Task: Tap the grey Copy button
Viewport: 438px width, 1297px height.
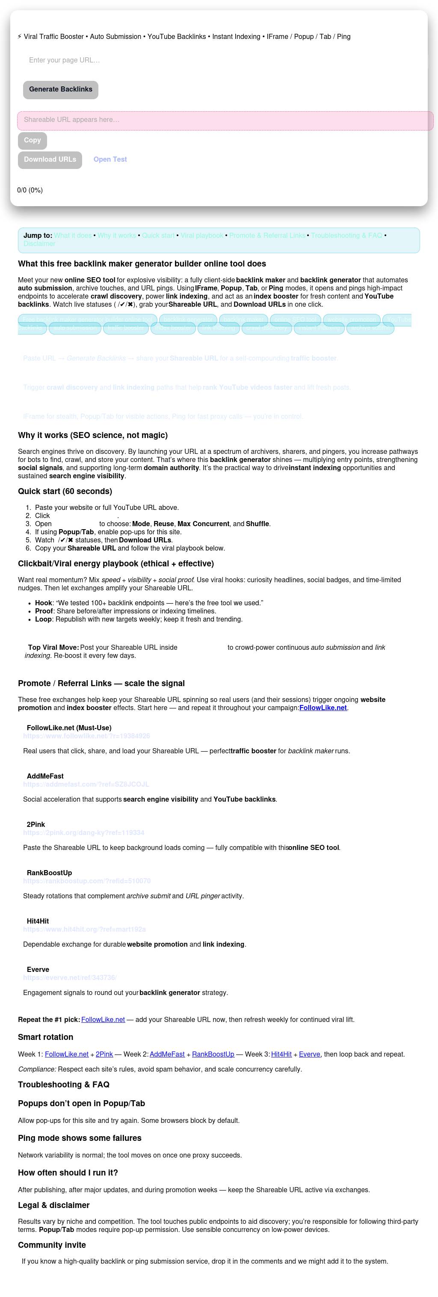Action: click(32, 140)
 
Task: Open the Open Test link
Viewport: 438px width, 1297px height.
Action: click(110, 160)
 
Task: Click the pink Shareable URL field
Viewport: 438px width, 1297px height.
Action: click(225, 120)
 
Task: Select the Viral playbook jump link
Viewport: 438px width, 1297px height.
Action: click(202, 236)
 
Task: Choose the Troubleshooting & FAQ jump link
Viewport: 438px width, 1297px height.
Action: click(346, 236)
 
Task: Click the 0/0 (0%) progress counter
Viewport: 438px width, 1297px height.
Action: click(30, 190)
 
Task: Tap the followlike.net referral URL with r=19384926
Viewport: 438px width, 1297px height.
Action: click(86, 736)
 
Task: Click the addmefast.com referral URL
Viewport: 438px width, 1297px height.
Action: click(86, 785)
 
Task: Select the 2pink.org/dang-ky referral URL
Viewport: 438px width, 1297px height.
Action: click(83, 833)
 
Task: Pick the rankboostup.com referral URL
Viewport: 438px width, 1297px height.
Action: click(86, 881)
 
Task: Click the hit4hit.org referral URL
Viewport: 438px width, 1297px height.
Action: click(84, 930)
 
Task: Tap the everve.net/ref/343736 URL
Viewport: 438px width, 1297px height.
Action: click(69, 978)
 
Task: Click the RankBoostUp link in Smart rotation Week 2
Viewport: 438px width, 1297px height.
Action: click(213, 1054)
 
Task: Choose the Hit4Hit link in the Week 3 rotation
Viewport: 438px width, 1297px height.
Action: click(281, 1054)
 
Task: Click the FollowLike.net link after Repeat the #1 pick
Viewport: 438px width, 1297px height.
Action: click(103, 1019)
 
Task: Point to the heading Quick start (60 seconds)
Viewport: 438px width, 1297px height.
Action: click(65, 492)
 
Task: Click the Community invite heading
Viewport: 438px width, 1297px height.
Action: click(52, 1245)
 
